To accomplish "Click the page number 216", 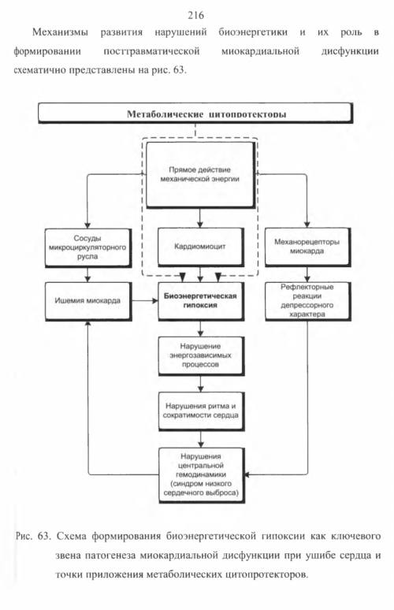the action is pyautogui.click(x=195, y=15).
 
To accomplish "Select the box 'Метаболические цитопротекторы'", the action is pyautogui.click(x=195, y=113).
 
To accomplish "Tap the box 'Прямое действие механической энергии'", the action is pyautogui.click(x=200, y=175).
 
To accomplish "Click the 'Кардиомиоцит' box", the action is pyautogui.click(x=201, y=247).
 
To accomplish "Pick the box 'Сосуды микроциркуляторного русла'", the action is pyautogui.click(x=88, y=247).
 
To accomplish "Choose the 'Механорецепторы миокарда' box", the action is pyautogui.click(x=307, y=247).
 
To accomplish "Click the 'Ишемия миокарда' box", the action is pyautogui.click(x=88, y=301).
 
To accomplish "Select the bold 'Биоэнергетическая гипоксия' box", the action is pyautogui.click(x=201, y=301).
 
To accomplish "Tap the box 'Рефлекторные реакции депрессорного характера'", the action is pyautogui.click(x=307, y=301).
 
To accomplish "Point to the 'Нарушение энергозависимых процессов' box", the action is pyautogui.click(x=201, y=355).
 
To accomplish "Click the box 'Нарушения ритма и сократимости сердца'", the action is pyautogui.click(x=201, y=411).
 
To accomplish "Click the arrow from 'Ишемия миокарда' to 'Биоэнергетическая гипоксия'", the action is pyautogui.click(x=144, y=301).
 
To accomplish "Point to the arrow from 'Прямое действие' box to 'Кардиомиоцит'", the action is pyautogui.click(x=200, y=218).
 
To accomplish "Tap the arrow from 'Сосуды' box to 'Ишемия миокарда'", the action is pyautogui.click(x=87, y=274).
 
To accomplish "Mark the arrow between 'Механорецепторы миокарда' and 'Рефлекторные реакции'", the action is pyautogui.click(x=307, y=274).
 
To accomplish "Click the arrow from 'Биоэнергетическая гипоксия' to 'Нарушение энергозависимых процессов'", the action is pyautogui.click(x=201, y=329).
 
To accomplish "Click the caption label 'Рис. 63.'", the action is pyautogui.click(x=33, y=536).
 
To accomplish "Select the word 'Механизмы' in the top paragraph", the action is pyautogui.click(x=61, y=32).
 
